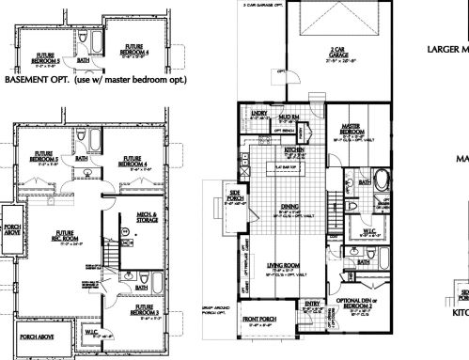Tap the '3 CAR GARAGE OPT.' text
click(265, 5)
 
